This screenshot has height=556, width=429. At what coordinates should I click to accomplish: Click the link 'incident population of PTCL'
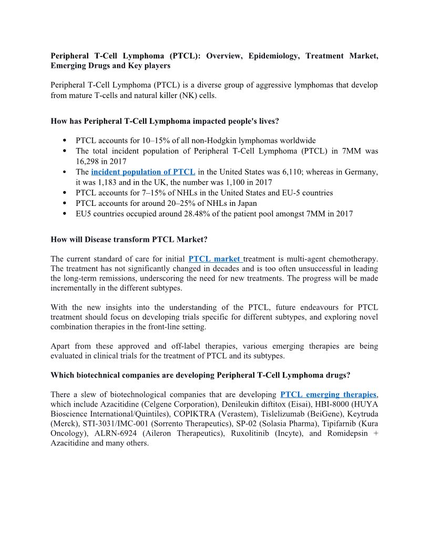[x=143, y=172]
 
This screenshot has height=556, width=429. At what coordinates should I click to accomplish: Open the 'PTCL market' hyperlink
[x=215, y=259]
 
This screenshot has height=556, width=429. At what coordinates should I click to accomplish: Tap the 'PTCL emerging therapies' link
[x=328, y=394]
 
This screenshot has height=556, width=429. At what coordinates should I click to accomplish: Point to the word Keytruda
[x=361, y=414]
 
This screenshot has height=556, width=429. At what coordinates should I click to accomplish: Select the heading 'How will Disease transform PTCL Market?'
[x=129, y=239]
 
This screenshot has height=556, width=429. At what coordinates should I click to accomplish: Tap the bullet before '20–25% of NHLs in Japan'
[x=64, y=203]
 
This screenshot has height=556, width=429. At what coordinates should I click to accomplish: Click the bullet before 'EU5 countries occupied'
[x=64, y=214]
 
